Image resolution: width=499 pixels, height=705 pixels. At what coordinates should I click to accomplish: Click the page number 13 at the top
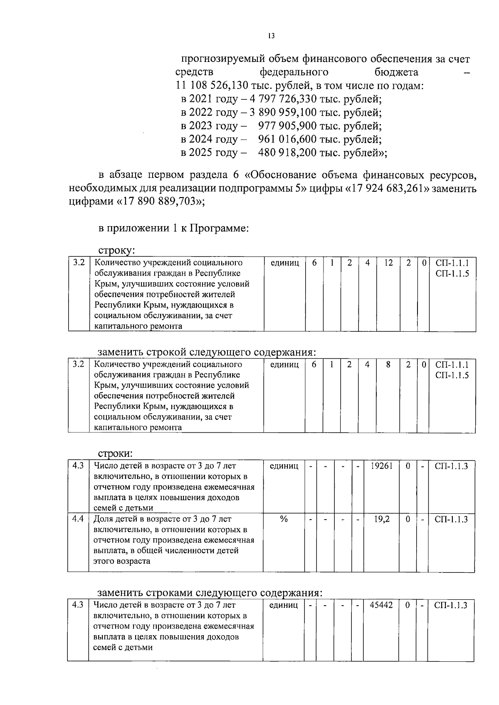click(x=271, y=36)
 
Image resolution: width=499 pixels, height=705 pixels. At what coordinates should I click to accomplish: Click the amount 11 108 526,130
click(x=210, y=86)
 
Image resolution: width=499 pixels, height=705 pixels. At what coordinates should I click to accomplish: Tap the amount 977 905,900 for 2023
click(x=287, y=126)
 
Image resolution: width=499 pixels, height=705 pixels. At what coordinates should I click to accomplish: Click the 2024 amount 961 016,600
click(x=287, y=139)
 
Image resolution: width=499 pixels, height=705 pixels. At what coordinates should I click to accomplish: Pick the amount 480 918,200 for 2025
click(x=287, y=153)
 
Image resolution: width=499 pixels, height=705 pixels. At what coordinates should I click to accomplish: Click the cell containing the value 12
click(x=388, y=263)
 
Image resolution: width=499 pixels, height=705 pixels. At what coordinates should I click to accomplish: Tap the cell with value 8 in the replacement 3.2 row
click(x=388, y=365)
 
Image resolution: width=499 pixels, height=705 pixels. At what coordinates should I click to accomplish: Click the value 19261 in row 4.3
click(x=381, y=466)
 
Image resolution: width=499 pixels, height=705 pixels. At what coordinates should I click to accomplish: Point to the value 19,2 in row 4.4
click(x=382, y=519)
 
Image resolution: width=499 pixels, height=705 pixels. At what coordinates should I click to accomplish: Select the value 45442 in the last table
click(x=381, y=605)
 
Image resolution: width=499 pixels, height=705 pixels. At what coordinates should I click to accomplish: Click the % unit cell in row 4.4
click(x=284, y=519)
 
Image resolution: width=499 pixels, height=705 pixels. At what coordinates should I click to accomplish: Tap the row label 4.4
click(x=78, y=519)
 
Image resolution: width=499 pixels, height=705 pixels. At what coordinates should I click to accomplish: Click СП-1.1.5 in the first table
click(x=452, y=274)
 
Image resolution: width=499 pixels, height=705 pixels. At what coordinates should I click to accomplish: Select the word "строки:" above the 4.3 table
click(x=115, y=453)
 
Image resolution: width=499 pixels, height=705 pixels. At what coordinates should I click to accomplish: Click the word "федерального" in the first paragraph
click(x=294, y=73)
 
